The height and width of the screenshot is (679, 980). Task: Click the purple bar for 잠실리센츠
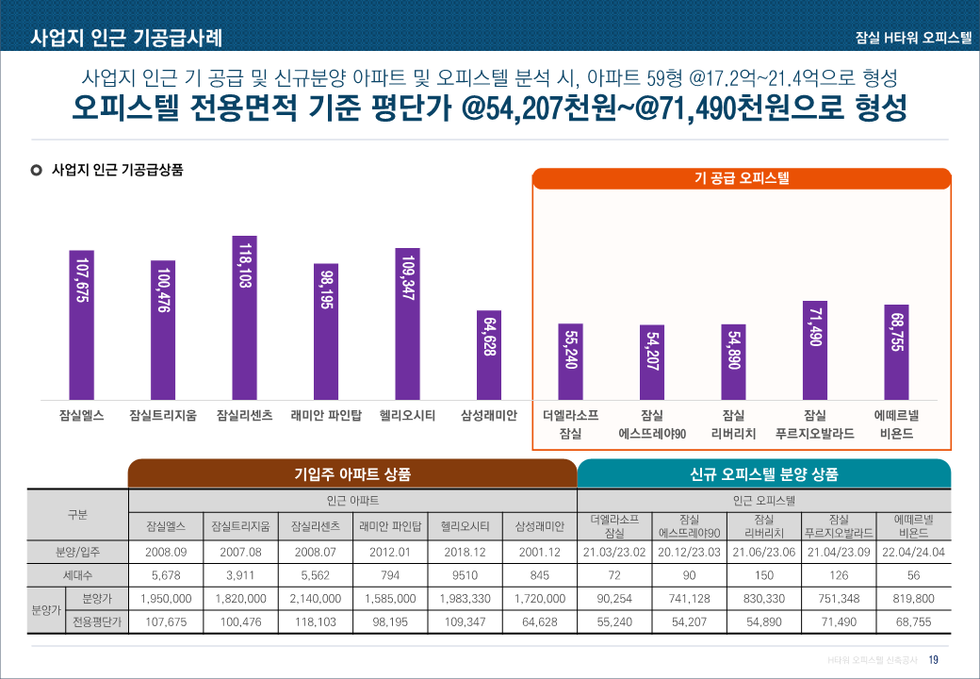point(244,317)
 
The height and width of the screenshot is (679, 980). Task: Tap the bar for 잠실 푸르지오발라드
point(815,349)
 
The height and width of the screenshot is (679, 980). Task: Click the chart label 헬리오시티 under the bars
point(407,415)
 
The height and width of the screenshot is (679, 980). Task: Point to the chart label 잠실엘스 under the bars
point(81,415)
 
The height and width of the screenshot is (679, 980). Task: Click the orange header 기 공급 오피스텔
point(742,178)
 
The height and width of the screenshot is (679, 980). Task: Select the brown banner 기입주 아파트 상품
point(352,473)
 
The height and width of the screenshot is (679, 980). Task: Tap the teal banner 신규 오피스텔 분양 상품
point(763,473)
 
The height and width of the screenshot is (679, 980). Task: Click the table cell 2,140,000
point(315,598)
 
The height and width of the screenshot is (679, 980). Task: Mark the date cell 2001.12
point(540,552)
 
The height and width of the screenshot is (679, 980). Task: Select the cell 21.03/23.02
point(613,552)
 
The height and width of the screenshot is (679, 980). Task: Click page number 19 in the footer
point(934,659)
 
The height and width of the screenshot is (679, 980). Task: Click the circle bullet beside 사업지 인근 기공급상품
point(37,171)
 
